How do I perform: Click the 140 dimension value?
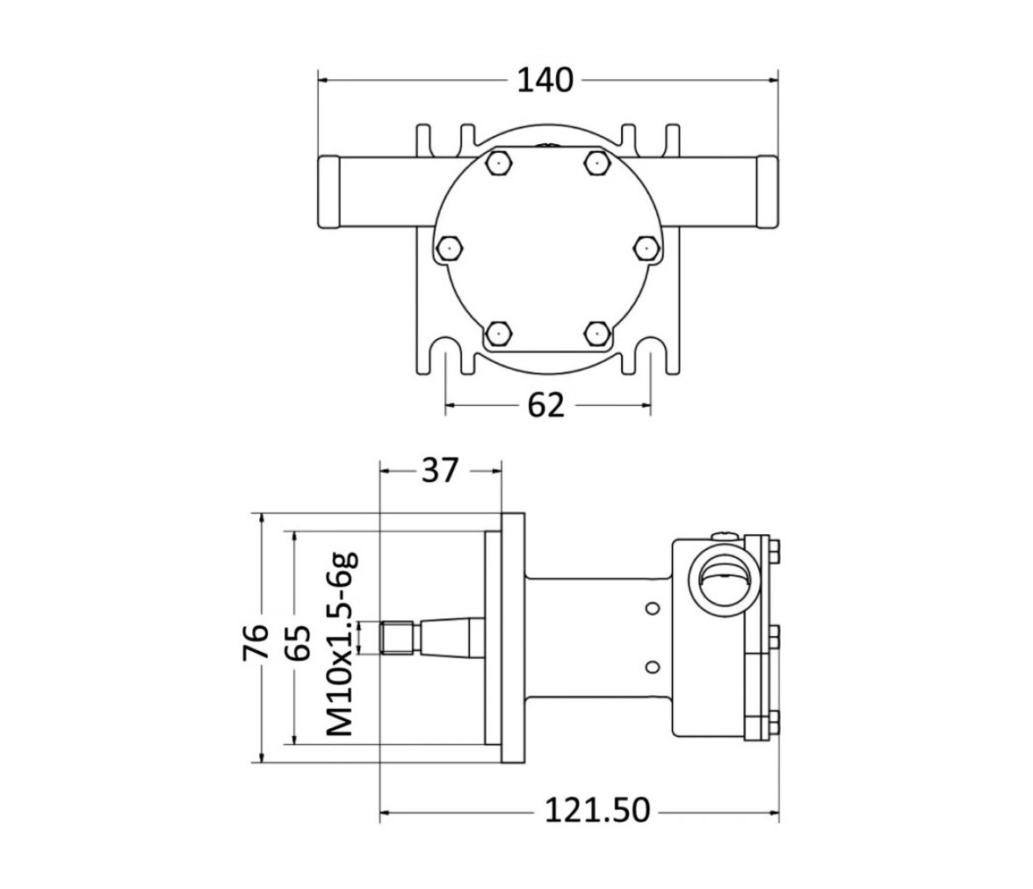[x=545, y=81]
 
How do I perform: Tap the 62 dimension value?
[x=546, y=405]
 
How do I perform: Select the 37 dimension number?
[x=439, y=471]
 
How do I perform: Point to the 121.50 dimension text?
[x=597, y=810]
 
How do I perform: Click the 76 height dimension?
[x=256, y=642]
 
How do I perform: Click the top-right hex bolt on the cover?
[x=596, y=162]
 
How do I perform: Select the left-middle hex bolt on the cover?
[x=450, y=248]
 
